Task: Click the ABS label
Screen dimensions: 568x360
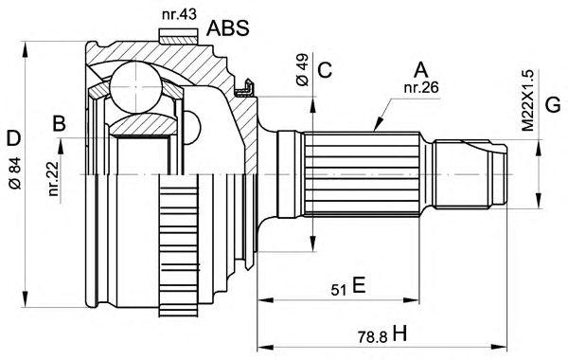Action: pos(228,27)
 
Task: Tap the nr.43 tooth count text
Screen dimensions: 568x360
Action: pos(179,14)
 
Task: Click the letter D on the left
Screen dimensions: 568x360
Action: pos(14,138)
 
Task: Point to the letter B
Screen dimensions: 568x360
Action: pos(60,123)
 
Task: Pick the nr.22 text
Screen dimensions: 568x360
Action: pos(53,179)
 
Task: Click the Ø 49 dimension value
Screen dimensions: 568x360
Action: pos(302,69)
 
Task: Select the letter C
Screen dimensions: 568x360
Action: pos(325,70)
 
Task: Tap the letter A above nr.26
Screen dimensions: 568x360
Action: pos(421,70)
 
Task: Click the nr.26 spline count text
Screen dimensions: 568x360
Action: pos(421,87)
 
